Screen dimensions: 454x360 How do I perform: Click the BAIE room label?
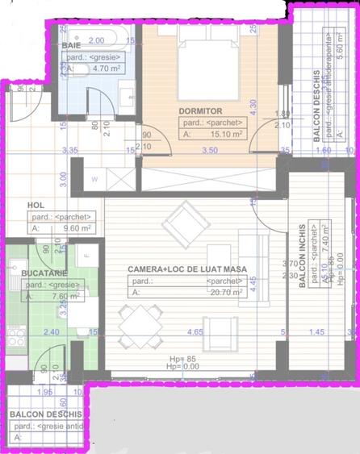[x=70, y=45]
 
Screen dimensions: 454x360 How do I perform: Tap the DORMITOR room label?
[x=201, y=111]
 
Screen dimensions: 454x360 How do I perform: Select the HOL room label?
[x=36, y=205]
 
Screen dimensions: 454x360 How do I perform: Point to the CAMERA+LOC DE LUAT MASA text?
[x=186, y=269]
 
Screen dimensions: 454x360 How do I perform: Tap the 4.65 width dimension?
[x=194, y=331]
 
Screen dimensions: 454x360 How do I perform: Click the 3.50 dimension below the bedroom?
[x=210, y=150]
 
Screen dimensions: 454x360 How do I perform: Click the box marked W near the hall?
[x=94, y=179]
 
